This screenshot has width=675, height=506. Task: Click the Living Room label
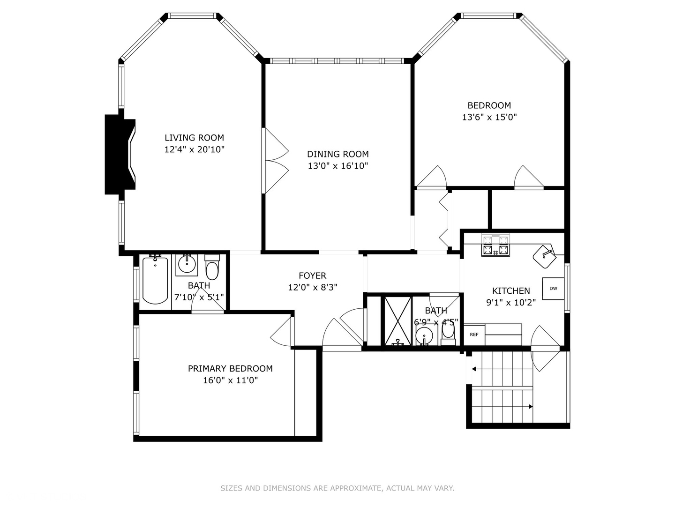point(194,138)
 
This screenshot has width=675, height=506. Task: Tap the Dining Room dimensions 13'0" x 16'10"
point(337,166)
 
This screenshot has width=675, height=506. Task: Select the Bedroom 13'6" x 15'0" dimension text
point(489,117)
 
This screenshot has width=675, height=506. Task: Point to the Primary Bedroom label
point(230,369)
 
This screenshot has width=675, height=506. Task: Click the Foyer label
point(312,276)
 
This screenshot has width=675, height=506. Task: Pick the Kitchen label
point(511,291)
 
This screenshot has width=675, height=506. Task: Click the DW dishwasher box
point(553,289)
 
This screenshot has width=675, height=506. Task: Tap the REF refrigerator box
point(474,335)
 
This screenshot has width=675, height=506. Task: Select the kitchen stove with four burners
point(495,246)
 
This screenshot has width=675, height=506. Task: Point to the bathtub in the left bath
point(155,280)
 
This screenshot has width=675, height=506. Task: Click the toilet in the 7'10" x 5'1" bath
point(212,268)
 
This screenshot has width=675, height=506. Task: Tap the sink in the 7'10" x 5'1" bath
point(187,265)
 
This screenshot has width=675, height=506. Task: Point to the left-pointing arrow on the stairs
point(474,369)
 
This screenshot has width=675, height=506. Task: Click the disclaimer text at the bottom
point(337,488)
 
